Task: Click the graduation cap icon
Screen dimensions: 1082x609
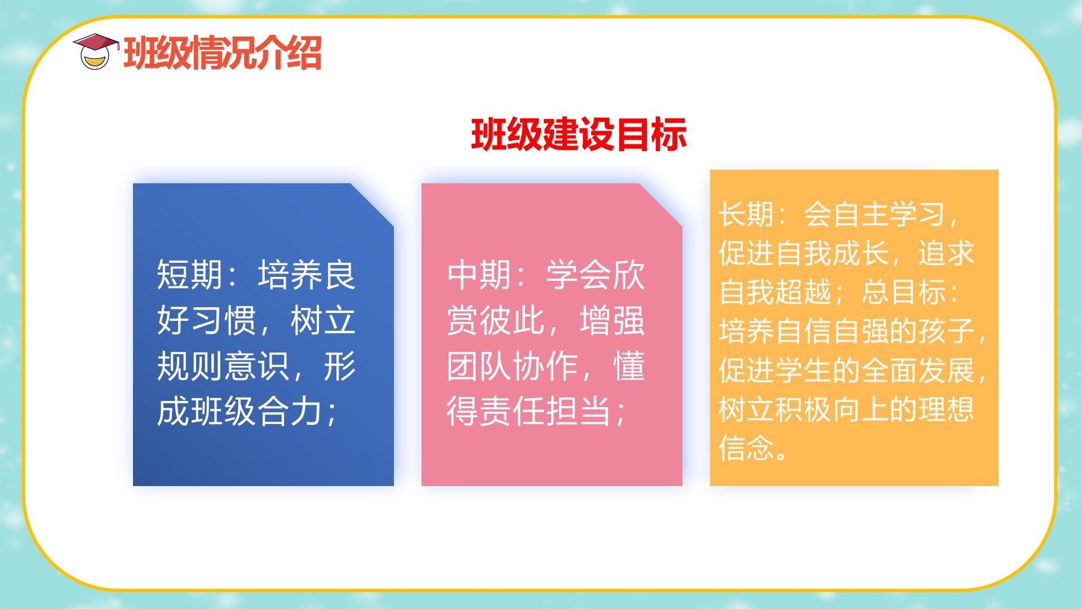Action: pyautogui.click(x=96, y=51)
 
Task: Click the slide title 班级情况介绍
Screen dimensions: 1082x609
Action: pyautogui.click(x=223, y=53)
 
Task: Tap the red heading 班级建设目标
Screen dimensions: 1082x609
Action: pyautogui.click(x=579, y=134)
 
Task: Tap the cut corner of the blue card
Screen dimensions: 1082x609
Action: pyautogui.click(x=372, y=205)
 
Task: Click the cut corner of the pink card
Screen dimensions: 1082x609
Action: pyautogui.click(x=660, y=205)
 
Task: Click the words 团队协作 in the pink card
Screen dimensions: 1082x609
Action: pyautogui.click(x=513, y=366)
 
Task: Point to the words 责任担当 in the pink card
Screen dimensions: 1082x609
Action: pyautogui.click(x=546, y=411)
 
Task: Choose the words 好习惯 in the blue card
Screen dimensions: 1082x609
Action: pyautogui.click(x=206, y=320)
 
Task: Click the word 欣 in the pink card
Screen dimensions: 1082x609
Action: pyautogui.click(x=628, y=275)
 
